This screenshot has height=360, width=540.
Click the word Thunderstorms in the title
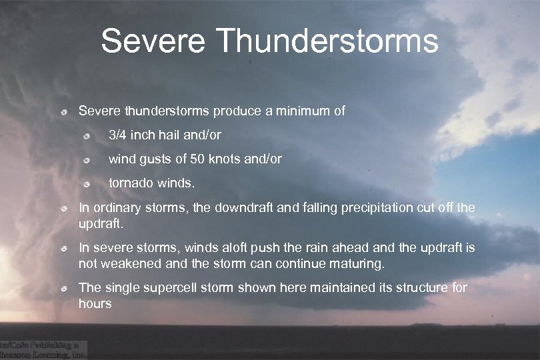328,41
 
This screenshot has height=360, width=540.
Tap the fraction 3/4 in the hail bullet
118,135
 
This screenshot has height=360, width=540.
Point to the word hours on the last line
95,303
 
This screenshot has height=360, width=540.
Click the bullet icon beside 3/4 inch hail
87,136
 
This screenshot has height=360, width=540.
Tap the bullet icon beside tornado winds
87,184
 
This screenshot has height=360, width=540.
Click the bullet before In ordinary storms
61,209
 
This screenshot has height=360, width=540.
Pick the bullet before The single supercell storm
61,289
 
